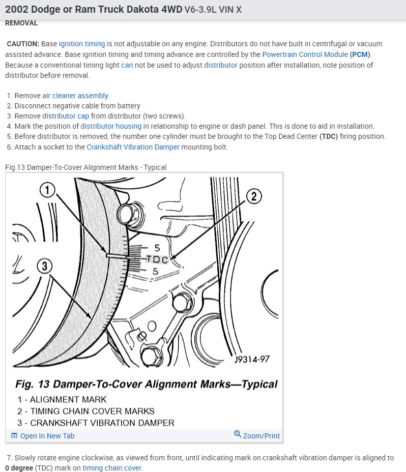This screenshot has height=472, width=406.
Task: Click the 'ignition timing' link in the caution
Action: click(82, 44)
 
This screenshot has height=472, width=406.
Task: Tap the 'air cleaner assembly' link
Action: click(75, 96)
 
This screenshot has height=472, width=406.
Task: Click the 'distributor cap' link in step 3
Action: click(66, 116)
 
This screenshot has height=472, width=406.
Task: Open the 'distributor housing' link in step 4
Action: click(111, 126)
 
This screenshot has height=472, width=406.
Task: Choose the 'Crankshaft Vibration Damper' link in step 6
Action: click(133, 147)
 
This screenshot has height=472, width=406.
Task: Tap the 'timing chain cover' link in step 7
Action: click(112, 468)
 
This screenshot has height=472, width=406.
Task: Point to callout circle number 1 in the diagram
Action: click(47, 191)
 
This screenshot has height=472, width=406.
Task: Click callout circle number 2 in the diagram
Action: click(254, 196)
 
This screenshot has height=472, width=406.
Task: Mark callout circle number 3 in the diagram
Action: click(45, 265)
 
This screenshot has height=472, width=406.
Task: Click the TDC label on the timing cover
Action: click(157, 259)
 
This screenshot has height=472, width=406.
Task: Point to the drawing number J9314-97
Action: click(252, 359)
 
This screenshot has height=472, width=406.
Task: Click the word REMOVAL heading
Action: click(21, 23)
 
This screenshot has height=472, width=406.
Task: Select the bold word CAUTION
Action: click(23, 44)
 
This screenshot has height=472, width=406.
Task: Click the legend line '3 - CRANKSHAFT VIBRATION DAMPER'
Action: click(96, 423)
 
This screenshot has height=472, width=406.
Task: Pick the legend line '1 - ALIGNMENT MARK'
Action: click(62, 400)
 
